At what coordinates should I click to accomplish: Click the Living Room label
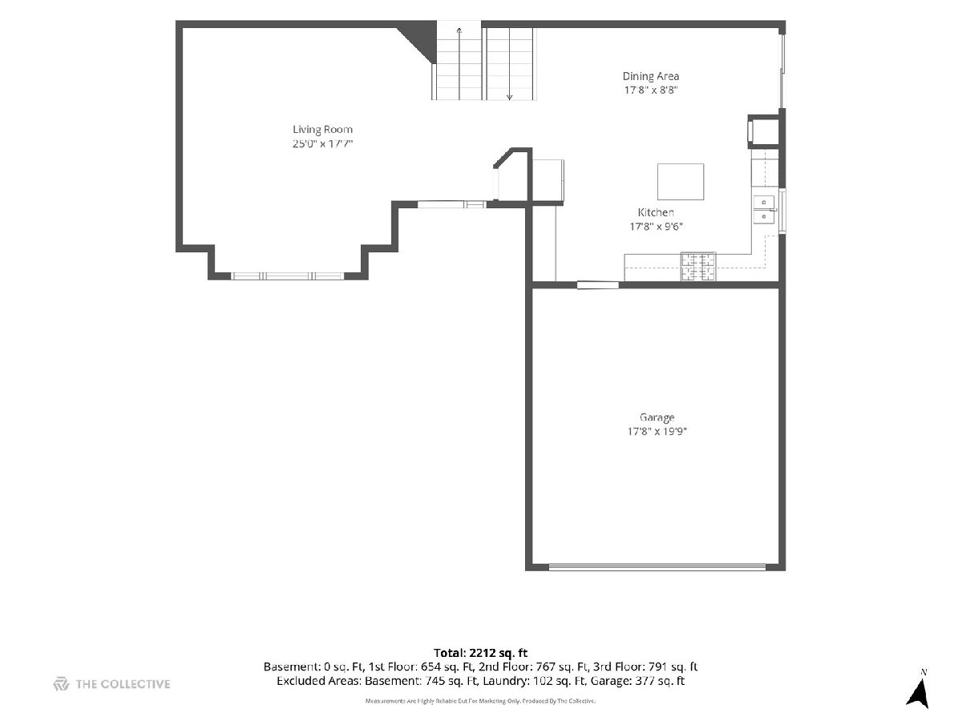pos(322,130)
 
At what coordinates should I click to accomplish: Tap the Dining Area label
pos(651,76)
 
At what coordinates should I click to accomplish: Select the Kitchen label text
pos(656,212)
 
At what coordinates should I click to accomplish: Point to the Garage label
pos(657,417)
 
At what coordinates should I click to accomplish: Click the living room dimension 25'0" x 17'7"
pos(322,143)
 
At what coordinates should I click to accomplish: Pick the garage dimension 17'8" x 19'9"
pos(657,431)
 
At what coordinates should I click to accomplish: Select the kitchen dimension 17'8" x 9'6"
pos(656,227)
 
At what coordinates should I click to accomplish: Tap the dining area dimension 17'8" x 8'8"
pos(651,91)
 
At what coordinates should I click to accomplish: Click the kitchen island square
pos(680,182)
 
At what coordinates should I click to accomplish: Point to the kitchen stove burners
pos(697,266)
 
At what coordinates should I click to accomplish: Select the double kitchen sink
pos(764,209)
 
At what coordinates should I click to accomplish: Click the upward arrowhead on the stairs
pos(459,30)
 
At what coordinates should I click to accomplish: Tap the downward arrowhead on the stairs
pos(509,97)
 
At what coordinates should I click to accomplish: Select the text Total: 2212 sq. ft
pos(480,653)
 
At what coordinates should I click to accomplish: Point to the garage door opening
pos(657,567)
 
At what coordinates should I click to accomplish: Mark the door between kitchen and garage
pos(597,285)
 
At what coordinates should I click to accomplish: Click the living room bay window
pos(288,276)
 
